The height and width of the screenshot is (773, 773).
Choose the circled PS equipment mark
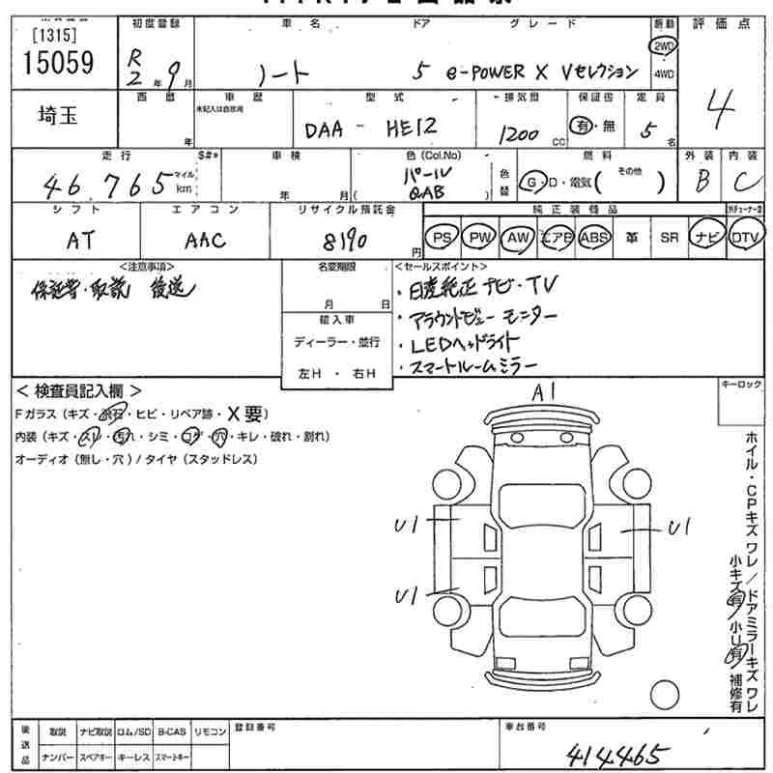[442, 237]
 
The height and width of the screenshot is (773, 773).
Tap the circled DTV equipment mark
[744, 237]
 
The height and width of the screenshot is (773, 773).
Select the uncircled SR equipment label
[669, 237]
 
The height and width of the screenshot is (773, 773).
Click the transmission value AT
[81, 241]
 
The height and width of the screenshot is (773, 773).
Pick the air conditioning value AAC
[204, 241]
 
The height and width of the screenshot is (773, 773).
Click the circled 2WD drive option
[664, 46]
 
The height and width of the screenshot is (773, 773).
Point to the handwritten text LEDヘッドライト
[465, 343]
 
